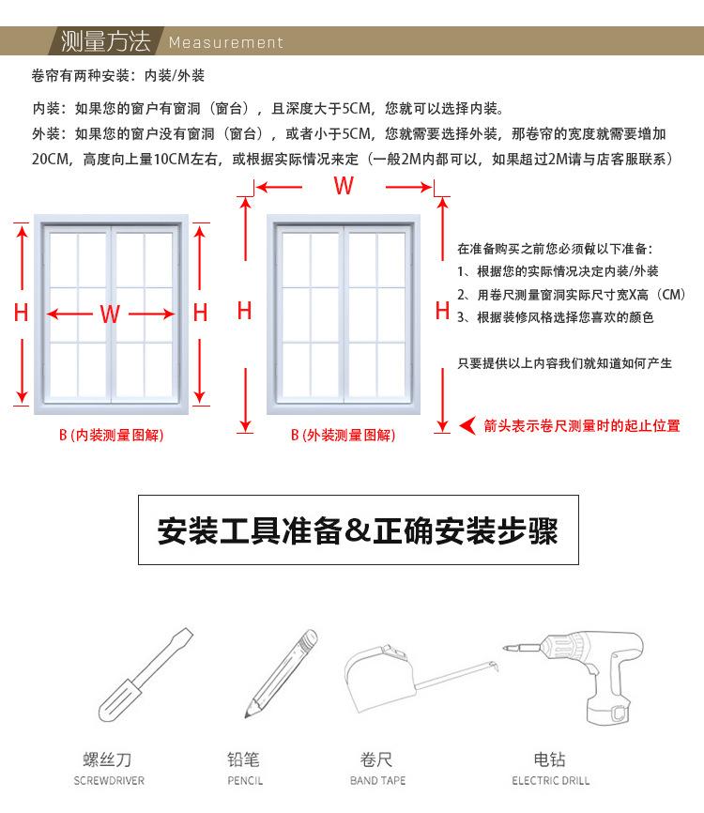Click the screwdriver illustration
pos(146,673)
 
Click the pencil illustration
pos(280,673)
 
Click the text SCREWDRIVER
pos(109,781)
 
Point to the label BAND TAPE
pos(377,781)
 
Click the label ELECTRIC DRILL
pos(551,781)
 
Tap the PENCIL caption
pos(245,781)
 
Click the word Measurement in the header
pos(225,42)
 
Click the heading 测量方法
pos(105,41)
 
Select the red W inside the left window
pos(110,314)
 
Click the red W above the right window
pos(344,186)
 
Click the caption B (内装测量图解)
pos(111,436)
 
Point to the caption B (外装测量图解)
pos(343,436)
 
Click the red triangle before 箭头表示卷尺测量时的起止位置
pos(467,426)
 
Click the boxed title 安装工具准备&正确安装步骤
pos(358,531)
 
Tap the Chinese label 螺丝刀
pos(109,759)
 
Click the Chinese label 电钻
pos(550,759)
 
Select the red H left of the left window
pos(22,314)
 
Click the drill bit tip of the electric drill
pos(506,649)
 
